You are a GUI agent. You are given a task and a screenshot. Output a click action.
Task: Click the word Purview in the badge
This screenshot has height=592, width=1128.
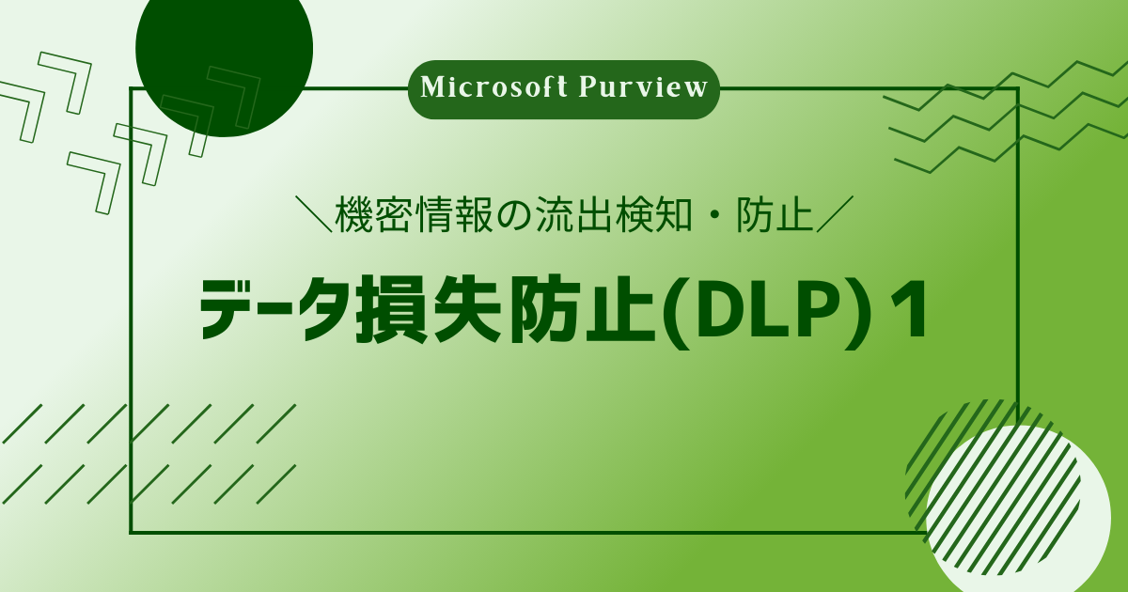643,88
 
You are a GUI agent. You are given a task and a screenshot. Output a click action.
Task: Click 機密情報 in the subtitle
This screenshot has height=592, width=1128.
413,215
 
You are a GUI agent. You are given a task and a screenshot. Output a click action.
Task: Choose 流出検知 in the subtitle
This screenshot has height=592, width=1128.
613,215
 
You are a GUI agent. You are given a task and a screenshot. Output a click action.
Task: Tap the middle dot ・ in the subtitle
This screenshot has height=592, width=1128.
713,216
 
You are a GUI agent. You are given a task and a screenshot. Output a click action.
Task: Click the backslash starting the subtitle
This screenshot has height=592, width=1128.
315,215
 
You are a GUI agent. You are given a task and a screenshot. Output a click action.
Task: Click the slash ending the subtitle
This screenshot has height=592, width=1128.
835,215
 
